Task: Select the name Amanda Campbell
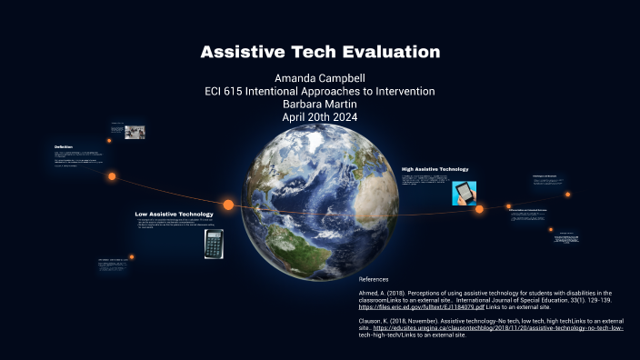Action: click(x=320, y=79)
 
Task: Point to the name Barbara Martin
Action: click(x=320, y=105)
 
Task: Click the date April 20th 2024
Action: click(x=320, y=117)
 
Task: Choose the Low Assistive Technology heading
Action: click(x=175, y=215)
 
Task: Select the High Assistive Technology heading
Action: click(x=435, y=169)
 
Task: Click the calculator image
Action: click(x=215, y=243)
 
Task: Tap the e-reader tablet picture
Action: click(x=465, y=194)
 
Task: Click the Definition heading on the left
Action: click(x=64, y=146)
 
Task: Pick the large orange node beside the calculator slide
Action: click(x=228, y=205)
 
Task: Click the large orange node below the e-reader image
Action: click(x=479, y=209)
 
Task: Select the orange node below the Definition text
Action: click(x=112, y=176)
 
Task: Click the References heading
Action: click(x=374, y=279)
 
